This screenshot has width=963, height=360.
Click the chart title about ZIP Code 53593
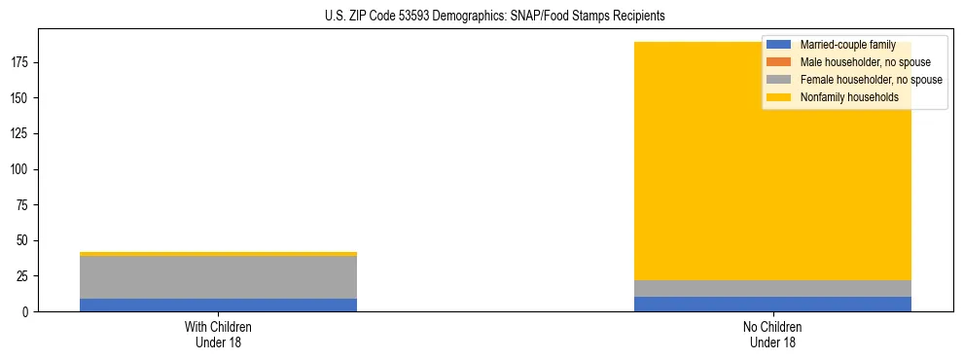tap(495, 17)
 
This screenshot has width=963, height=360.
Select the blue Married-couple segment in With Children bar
tap(218, 305)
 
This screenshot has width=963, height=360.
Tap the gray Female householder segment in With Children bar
tap(218, 277)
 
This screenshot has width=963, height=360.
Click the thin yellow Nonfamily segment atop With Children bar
tap(218, 254)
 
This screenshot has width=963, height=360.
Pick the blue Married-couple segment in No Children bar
tap(772, 304)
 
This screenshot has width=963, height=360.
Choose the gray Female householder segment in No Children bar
tap(772, 288)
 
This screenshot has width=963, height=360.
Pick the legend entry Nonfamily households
tap(842, 97)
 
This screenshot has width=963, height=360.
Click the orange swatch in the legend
tap(779, 62)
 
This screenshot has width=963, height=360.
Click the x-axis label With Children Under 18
tap(218, 334)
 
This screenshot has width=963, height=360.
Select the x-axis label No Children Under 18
tap(772, 334)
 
